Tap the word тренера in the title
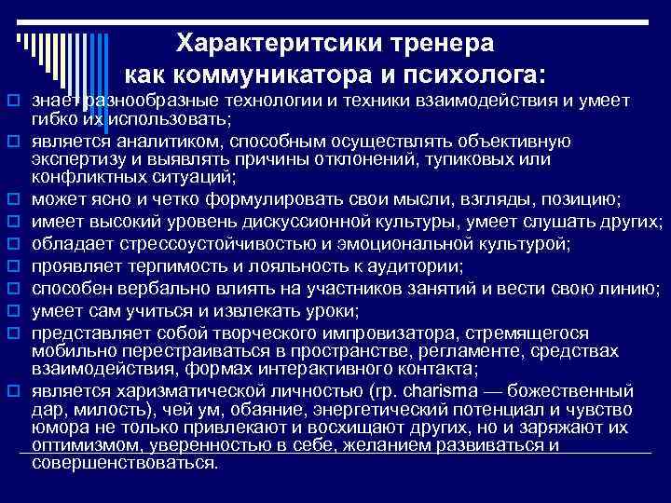(445, 44)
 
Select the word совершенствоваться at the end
(122, 462)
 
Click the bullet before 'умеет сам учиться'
(15, 311)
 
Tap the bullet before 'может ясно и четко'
(15, 199)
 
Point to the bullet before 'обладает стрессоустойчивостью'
(15, 244)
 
